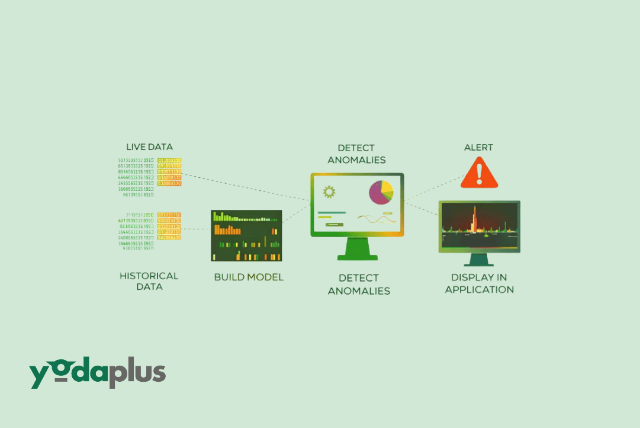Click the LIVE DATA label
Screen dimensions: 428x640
(x=149, y=146)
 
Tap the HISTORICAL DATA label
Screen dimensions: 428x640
(x=149, y=281)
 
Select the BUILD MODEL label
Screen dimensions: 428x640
(x=249, y=277)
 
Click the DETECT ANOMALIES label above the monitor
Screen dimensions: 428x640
(x=356, y=154)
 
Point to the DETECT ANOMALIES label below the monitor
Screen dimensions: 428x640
(x=359, y=284)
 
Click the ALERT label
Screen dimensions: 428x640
(x=478, y=147)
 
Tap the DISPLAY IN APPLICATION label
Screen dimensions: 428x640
(x=480, y=283)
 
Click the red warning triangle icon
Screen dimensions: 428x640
(x=480, y=173)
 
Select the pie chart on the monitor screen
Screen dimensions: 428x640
(x=381, y=193)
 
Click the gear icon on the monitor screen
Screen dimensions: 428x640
(x=329, y=191)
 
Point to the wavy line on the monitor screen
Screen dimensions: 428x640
(x=377, y=219)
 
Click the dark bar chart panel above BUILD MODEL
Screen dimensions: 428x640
(x=246, y=235)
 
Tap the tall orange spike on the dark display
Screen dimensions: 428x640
(x=475, y=219)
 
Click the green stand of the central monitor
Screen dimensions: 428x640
(x=357, y=248)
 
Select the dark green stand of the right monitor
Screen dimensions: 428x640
(x=479, y=260)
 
